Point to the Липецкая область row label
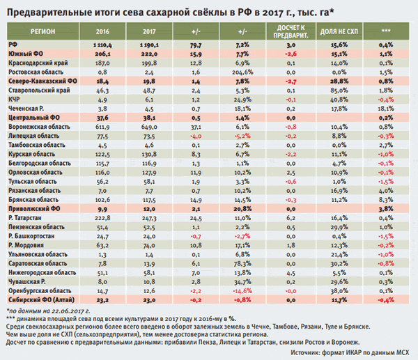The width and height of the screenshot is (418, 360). [x=33, y=138]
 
